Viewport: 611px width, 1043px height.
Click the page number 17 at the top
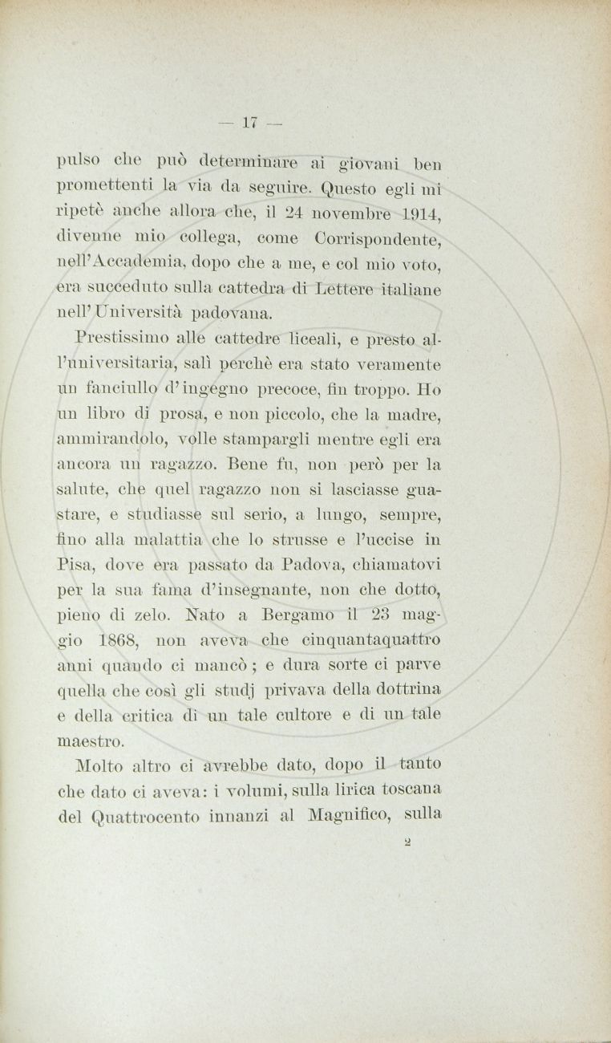(x=247, y=122)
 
